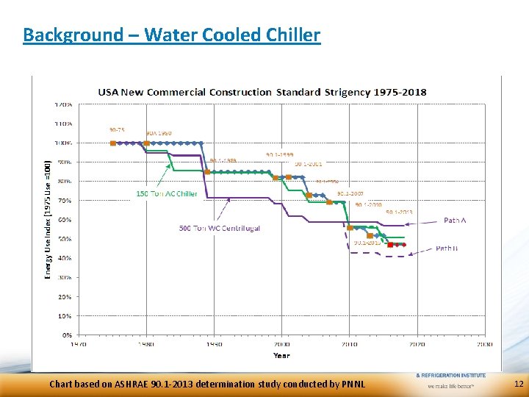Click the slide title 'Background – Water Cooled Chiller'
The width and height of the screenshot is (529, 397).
(171, 35)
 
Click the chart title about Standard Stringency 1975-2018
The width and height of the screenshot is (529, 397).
(262, 92)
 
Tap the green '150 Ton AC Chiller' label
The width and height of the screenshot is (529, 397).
(167, 194)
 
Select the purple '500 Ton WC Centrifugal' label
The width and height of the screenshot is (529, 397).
(219, 229)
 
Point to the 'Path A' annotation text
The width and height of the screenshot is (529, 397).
(455, 220)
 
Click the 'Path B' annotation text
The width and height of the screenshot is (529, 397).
(446, 248)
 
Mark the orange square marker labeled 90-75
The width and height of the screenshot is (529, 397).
(112, 143)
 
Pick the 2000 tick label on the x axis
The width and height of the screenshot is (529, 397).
(281, 343)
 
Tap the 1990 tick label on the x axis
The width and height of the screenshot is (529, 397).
(214, 343)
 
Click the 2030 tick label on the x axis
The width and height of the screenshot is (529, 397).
(484, 343)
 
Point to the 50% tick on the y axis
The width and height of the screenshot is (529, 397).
(65, 239)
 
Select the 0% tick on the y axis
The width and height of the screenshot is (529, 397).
(67, 335)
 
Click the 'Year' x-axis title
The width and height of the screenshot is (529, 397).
(281, 355)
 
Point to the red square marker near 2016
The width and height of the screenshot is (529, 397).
(390, 244)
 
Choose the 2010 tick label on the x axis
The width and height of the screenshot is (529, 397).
(349, 343)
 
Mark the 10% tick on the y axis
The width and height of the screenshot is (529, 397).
(65, 316)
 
